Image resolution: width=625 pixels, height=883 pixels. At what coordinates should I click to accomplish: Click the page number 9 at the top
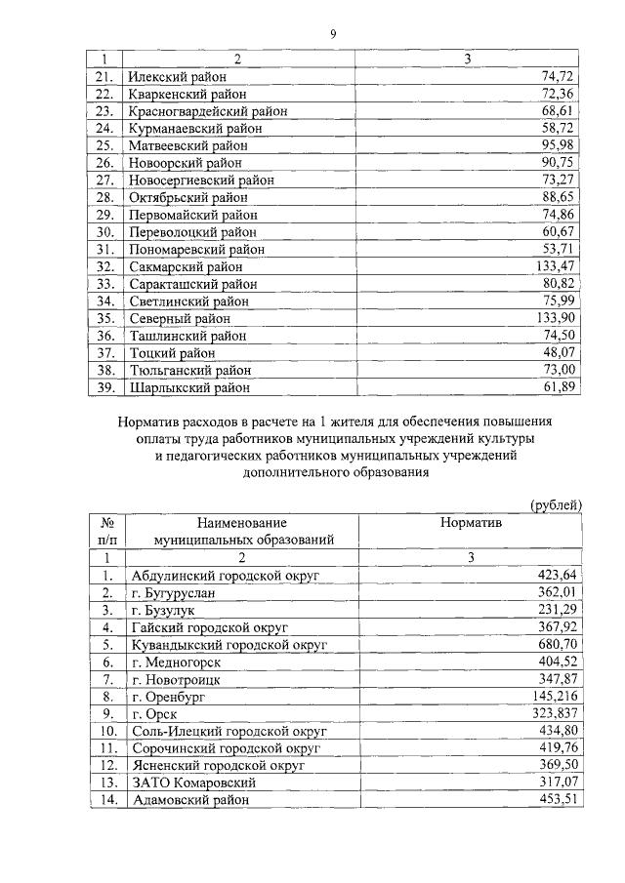point(332,34)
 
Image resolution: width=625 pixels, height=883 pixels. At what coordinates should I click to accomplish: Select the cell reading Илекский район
point(170,77)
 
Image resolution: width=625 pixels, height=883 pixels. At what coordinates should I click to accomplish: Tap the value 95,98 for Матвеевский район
point(562,145)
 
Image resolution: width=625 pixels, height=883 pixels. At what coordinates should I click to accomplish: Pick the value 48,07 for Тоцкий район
point(562,352)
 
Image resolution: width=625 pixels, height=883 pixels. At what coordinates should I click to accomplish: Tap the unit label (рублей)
point(556,504)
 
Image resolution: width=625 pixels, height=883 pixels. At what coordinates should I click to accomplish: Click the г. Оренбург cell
point(169,697)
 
